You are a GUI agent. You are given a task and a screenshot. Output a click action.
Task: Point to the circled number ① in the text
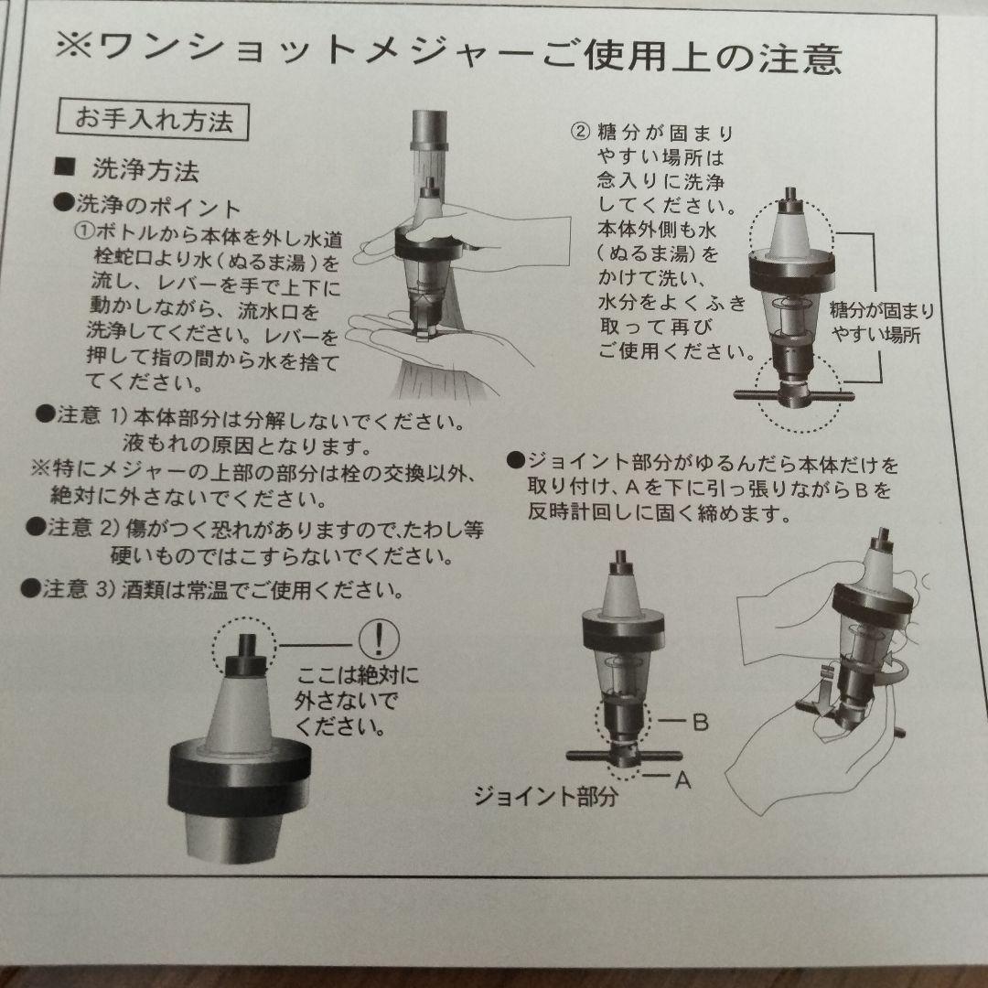coord(85,231)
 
